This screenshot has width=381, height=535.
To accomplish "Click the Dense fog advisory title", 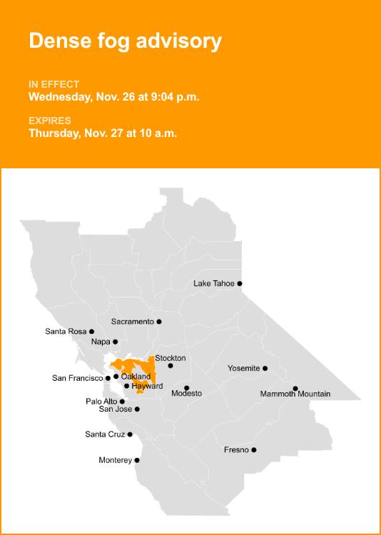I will [x=125, y=41].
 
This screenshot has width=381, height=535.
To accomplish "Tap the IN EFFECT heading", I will [x=54, y=84].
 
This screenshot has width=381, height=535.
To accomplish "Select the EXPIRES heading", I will [x=50, y=121].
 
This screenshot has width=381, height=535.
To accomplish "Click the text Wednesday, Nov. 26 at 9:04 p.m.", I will [x=113, y=96].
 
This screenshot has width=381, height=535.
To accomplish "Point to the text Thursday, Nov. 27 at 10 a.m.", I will [x=103, y=133].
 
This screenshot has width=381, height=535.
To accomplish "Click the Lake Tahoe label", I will [x=213, y=283].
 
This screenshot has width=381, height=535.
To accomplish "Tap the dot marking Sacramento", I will [x=159, y=322].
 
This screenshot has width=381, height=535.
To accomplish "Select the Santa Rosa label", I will [x=65, y=331].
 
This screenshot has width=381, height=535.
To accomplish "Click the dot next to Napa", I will [x=116, y=342].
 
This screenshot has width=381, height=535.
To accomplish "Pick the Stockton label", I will [x=170, y=357].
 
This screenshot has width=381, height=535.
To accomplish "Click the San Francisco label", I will [x=77, y=378].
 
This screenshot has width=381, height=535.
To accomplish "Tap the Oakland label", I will [x=136, y=376].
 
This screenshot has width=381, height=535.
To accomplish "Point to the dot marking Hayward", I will [x=127, y=386].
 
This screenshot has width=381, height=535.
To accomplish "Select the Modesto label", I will [x=186, y=394].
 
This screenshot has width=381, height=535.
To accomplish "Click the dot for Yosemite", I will [x=265, y=368].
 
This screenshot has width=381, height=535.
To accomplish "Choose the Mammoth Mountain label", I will [x=295, y=394].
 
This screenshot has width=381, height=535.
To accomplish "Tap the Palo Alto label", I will [x=101, y=402].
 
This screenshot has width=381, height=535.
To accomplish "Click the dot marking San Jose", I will [x=137, y=409].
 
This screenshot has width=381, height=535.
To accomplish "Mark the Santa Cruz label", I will [x=105, y=434].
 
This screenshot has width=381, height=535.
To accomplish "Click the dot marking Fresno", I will [x=254, y=450].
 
